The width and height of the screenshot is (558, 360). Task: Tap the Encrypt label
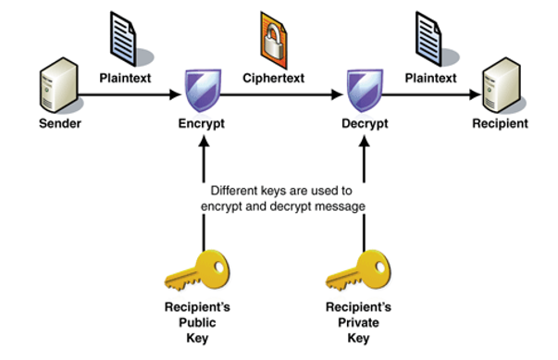tap(202, 123)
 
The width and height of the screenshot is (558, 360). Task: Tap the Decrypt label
tap(363, 123)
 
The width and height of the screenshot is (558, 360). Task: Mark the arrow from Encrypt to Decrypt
tap(281, 93)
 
